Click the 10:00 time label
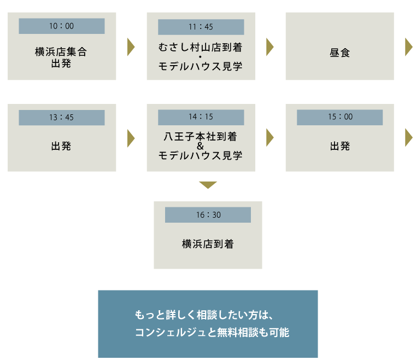[x=61, y=26]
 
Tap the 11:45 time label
[x=201, y=27]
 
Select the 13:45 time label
[x=61, y=118]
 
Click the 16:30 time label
[x=208, y=215]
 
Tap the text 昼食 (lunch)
[x=339, y=53]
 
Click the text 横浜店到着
[x=208, y=244]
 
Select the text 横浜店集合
[x=61, y=53]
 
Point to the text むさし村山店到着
[x=201, y=48]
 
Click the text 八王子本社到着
[x=201, y=136]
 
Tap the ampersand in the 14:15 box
[x=201, y=146]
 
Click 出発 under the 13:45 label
[x=61, y=146]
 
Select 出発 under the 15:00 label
[x=339, y=146]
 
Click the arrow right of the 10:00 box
[x=131, y=47]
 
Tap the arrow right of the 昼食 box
[x=408, y=47]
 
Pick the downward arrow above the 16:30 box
[x=208, y=185]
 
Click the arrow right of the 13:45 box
[x=131, y=138]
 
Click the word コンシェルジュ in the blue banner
[x=166, y=332]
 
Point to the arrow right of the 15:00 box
[x=408, y=138]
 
